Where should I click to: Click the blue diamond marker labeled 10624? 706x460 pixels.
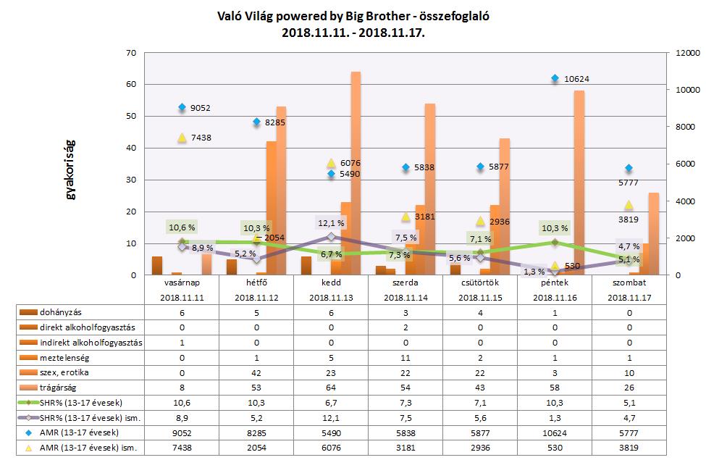555,78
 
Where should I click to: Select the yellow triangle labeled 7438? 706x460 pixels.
182,138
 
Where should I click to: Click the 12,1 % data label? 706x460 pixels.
331,222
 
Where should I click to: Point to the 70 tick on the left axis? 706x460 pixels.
131,53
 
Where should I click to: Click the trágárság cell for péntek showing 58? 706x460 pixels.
554,388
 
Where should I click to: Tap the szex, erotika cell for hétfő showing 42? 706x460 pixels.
256,372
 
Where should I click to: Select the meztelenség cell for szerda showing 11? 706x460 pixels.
405,357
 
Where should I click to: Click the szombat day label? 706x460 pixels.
628,283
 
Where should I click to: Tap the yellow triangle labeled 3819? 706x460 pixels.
629,205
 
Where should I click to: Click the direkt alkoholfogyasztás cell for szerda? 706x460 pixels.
405,327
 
